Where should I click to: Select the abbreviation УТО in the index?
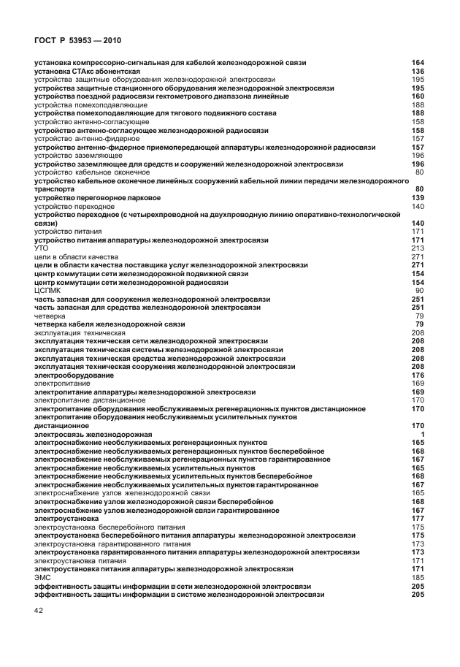(42, 248)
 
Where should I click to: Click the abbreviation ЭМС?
(42, 577)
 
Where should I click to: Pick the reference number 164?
(418, 63)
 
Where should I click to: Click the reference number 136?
(418, 72)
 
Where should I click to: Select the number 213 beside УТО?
(418, 248)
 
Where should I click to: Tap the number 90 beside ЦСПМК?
(420, 291)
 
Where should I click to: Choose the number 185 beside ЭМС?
(418, 577)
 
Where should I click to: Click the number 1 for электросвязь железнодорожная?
(422, 434)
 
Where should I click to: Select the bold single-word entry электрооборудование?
(74, 375)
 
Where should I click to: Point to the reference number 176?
(418, 375)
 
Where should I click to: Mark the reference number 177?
(418, 518)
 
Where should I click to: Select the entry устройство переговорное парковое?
(98, 198)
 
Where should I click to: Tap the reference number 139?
(418, 198)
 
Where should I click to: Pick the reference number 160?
(418, 96)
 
